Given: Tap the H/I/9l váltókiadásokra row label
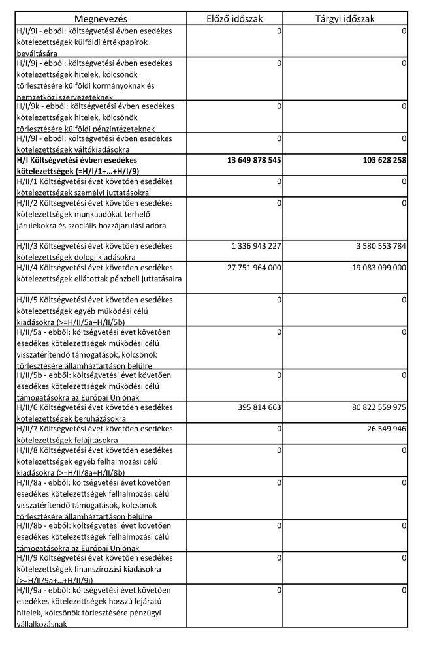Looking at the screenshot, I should point(94,143).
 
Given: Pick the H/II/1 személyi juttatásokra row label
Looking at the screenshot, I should point(94,186).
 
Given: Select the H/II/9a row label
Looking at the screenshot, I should point(94,606).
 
